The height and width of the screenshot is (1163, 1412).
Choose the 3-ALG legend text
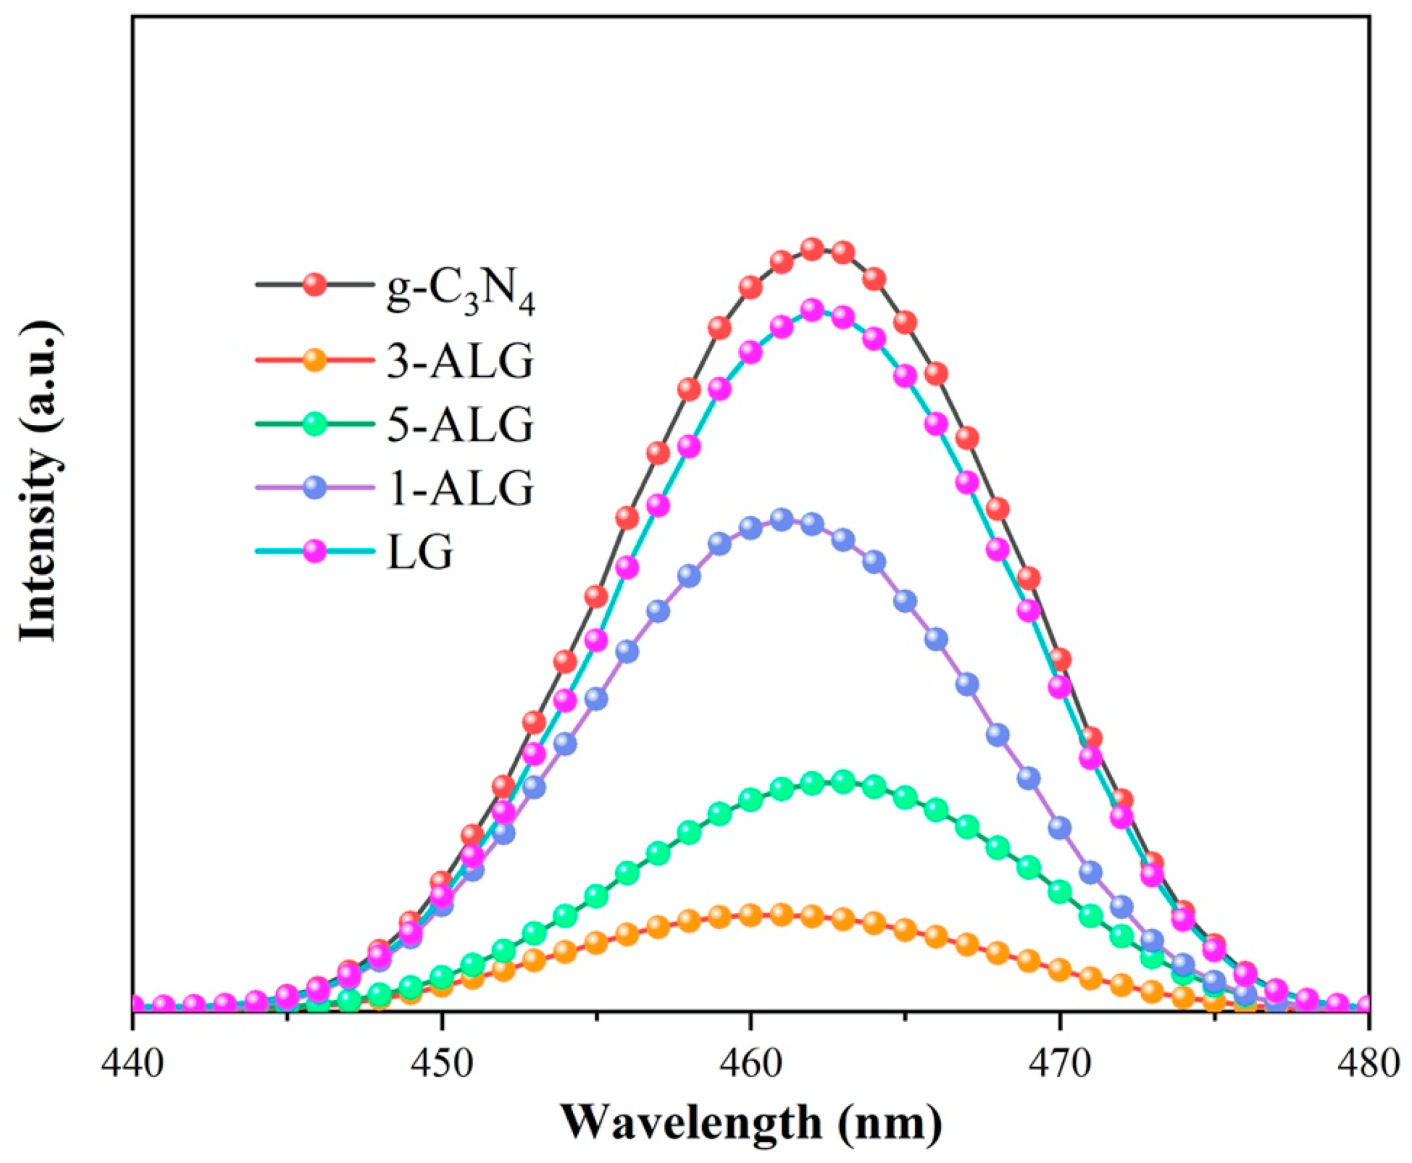pyautogui.click(x=461, y=361)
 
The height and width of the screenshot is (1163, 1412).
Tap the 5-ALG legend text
pyautogui.click(x=461, y=424)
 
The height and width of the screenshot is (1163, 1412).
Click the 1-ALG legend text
pyautogui.click(x=461, y=488)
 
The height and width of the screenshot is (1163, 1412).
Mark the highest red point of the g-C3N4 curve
pyautogui.click(x=813, y=249)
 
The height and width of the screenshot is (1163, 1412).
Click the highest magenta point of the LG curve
pyautogui.click(x=813, y=310)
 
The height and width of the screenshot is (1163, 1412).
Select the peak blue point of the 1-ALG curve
pyautogui.click(x=782, y=519)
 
